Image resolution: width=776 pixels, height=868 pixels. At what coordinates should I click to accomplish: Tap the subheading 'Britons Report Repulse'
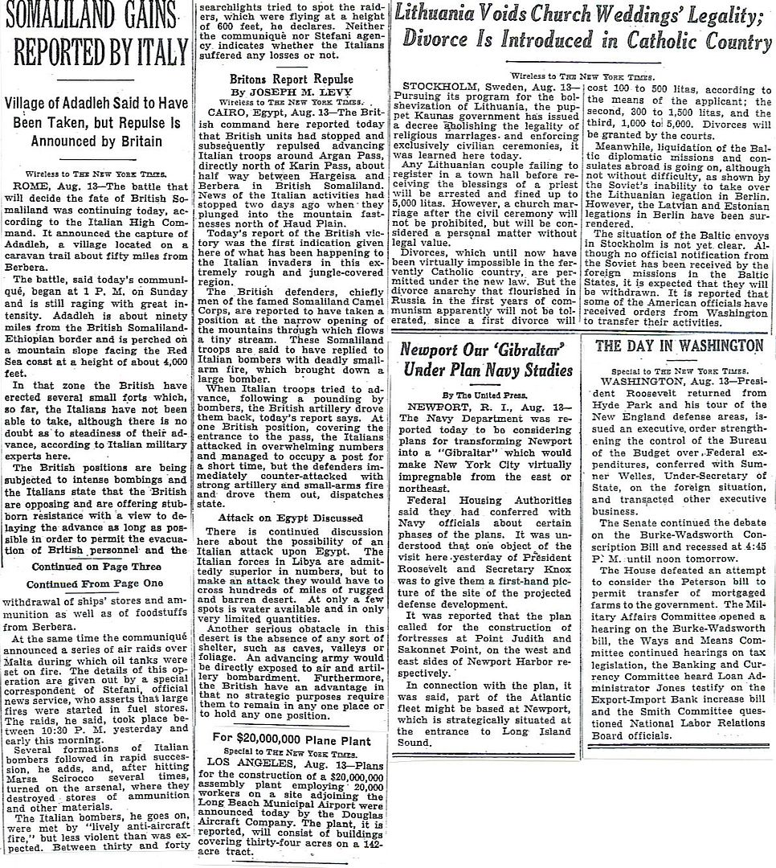coord(291,79)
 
